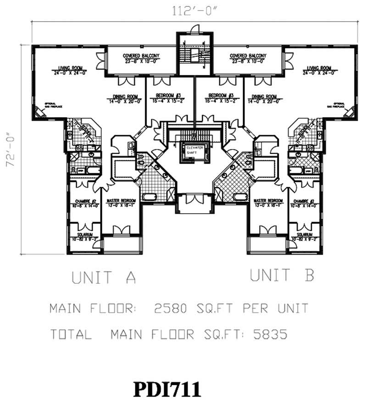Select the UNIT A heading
pyautogui.click(x=104, y=277)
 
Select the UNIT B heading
pyautogui.click(x=282, y=276)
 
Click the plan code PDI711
pyautogui.click(x=167, y=389)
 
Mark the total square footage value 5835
pyautogui.click(x=270, y=335)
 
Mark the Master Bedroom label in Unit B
pyautogui.click(x=267, y=201)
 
